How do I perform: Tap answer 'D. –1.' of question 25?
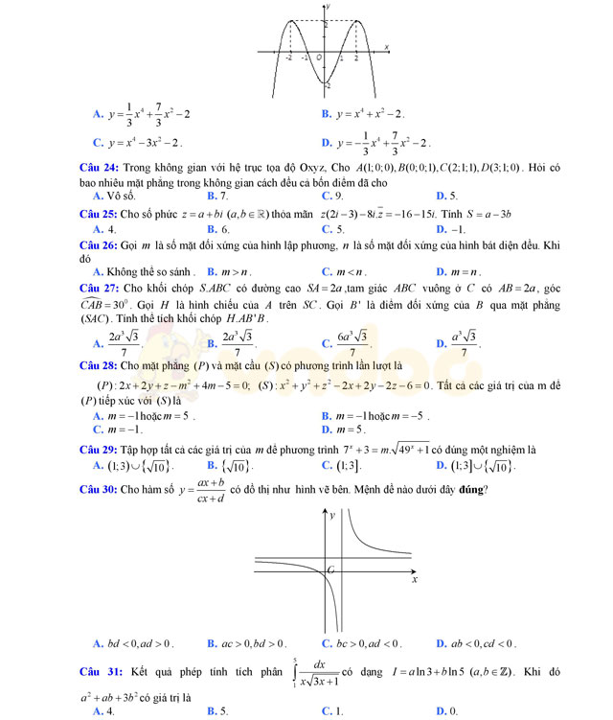point(450,229)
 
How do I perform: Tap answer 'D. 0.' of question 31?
point(446,711)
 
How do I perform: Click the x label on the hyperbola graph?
point(415,580)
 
